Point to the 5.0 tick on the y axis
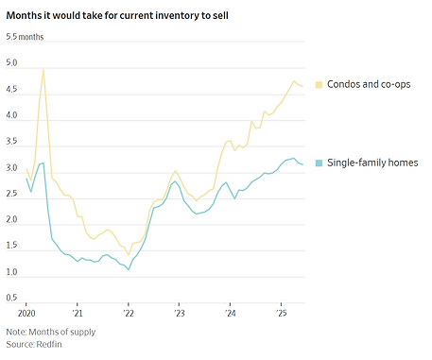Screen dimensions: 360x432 click(x=12, y=64)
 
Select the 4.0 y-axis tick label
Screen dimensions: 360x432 click(x=12, y=116)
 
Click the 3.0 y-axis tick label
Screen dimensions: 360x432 click(x=12, y=168)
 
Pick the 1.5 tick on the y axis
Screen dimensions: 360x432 click(x=12, y=247)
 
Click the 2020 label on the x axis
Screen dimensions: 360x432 click(x=26, y=312)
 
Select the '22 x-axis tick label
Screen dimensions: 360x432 click(x=129, y=312)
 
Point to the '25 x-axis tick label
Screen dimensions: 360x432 click(x=281, y=312)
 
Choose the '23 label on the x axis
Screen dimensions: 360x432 click(x=179, y=312)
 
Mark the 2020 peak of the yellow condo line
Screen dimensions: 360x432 click(x=43, y=69)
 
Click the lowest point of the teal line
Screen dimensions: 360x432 click(x=129, y=269)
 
